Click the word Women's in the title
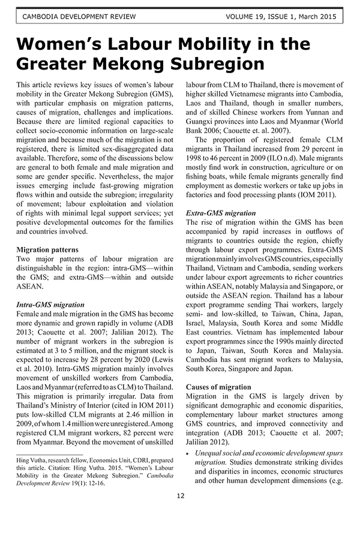click(63, 44)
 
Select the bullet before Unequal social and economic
click(188, 454)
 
